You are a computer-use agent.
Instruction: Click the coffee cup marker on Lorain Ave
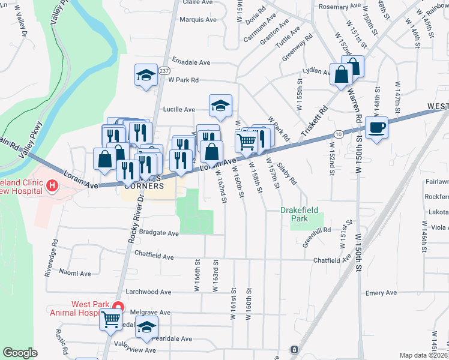click(376, 128)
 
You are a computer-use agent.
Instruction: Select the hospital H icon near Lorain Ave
click(52, 186)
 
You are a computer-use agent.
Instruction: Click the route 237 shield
click(163, 70)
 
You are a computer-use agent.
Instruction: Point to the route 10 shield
click(339, 133)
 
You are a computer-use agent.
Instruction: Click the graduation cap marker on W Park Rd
click(145, 75)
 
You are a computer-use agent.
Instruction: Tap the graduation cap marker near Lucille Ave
click(220, 106)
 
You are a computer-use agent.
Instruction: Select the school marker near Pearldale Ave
click(145, 328)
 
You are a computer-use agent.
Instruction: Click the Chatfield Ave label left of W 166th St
click(154, 257)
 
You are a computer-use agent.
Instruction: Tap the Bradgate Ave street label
click(159, 233)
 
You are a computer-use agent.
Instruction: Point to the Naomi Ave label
click(75, 273)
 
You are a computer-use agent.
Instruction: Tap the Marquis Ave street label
click(198, 19)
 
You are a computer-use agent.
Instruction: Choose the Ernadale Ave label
click(191, 62)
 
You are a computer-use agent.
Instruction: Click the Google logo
click(20, 353)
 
